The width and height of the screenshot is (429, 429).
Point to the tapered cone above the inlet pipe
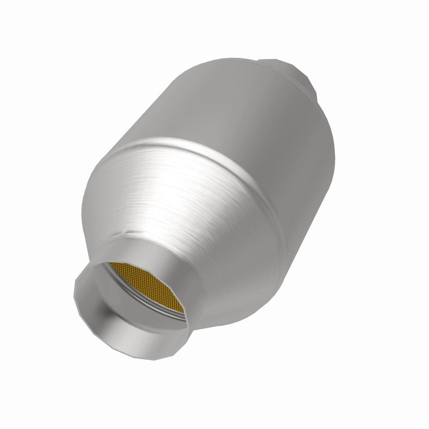177,214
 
